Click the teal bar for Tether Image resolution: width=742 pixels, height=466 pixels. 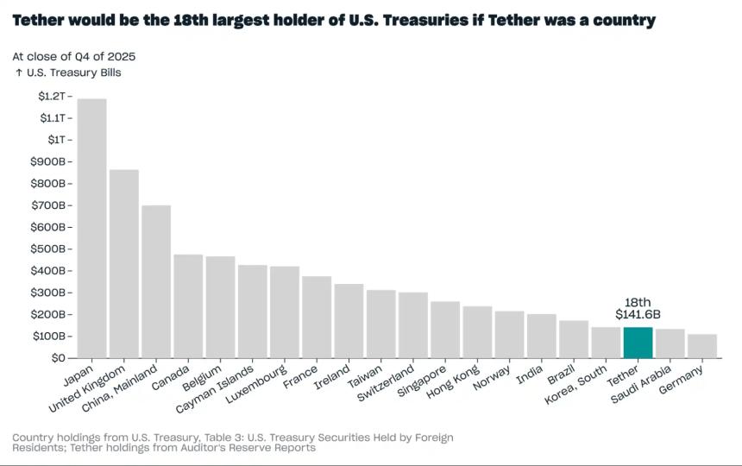638,343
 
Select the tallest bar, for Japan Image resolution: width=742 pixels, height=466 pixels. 91,228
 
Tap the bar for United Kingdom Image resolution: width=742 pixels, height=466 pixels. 124,263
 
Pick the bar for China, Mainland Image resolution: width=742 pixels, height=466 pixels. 156,281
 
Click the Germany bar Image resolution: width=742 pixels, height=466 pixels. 701,346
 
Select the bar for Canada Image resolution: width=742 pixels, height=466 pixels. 188,306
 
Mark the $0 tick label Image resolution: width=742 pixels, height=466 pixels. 57,357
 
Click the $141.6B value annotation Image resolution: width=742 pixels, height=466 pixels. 638,315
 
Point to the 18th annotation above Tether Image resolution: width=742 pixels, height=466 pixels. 638,301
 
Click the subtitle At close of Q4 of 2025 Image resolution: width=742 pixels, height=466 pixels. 73,56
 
